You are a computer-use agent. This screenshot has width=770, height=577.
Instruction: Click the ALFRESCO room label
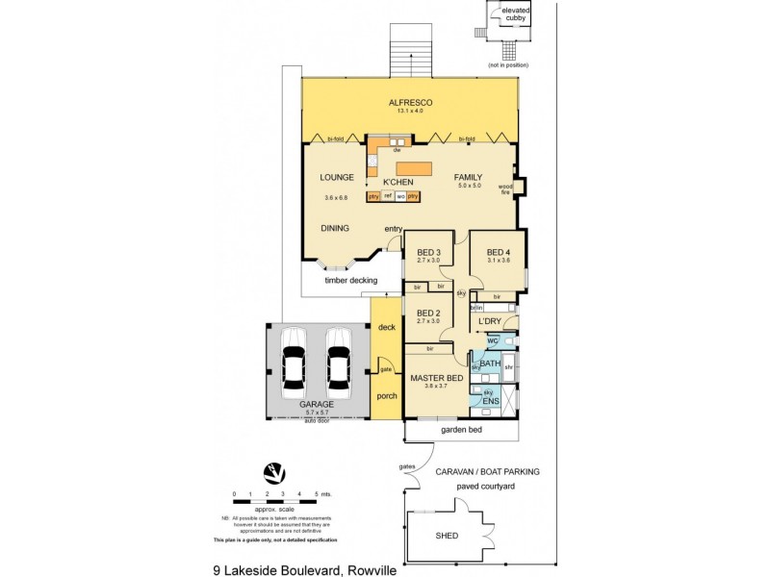[x=410, y=102]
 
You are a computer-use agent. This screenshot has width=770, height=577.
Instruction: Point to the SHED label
[x=448, y=536]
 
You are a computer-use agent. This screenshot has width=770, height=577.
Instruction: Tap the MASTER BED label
[x=437, y=378]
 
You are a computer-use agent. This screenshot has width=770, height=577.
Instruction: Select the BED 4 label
[x=500, y=253]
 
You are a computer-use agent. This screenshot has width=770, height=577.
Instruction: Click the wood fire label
[x=504, y=189]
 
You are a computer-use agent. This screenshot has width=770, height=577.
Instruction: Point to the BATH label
[x=491, y=364]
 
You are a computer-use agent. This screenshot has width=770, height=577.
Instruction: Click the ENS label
[x=490, y=400]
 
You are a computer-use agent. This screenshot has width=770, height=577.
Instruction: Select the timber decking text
[x=349, y=280]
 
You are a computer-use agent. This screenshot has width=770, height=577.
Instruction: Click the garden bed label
[x=460, y=431]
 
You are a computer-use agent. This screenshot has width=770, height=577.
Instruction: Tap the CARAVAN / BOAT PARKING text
[x=487, y=472]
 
